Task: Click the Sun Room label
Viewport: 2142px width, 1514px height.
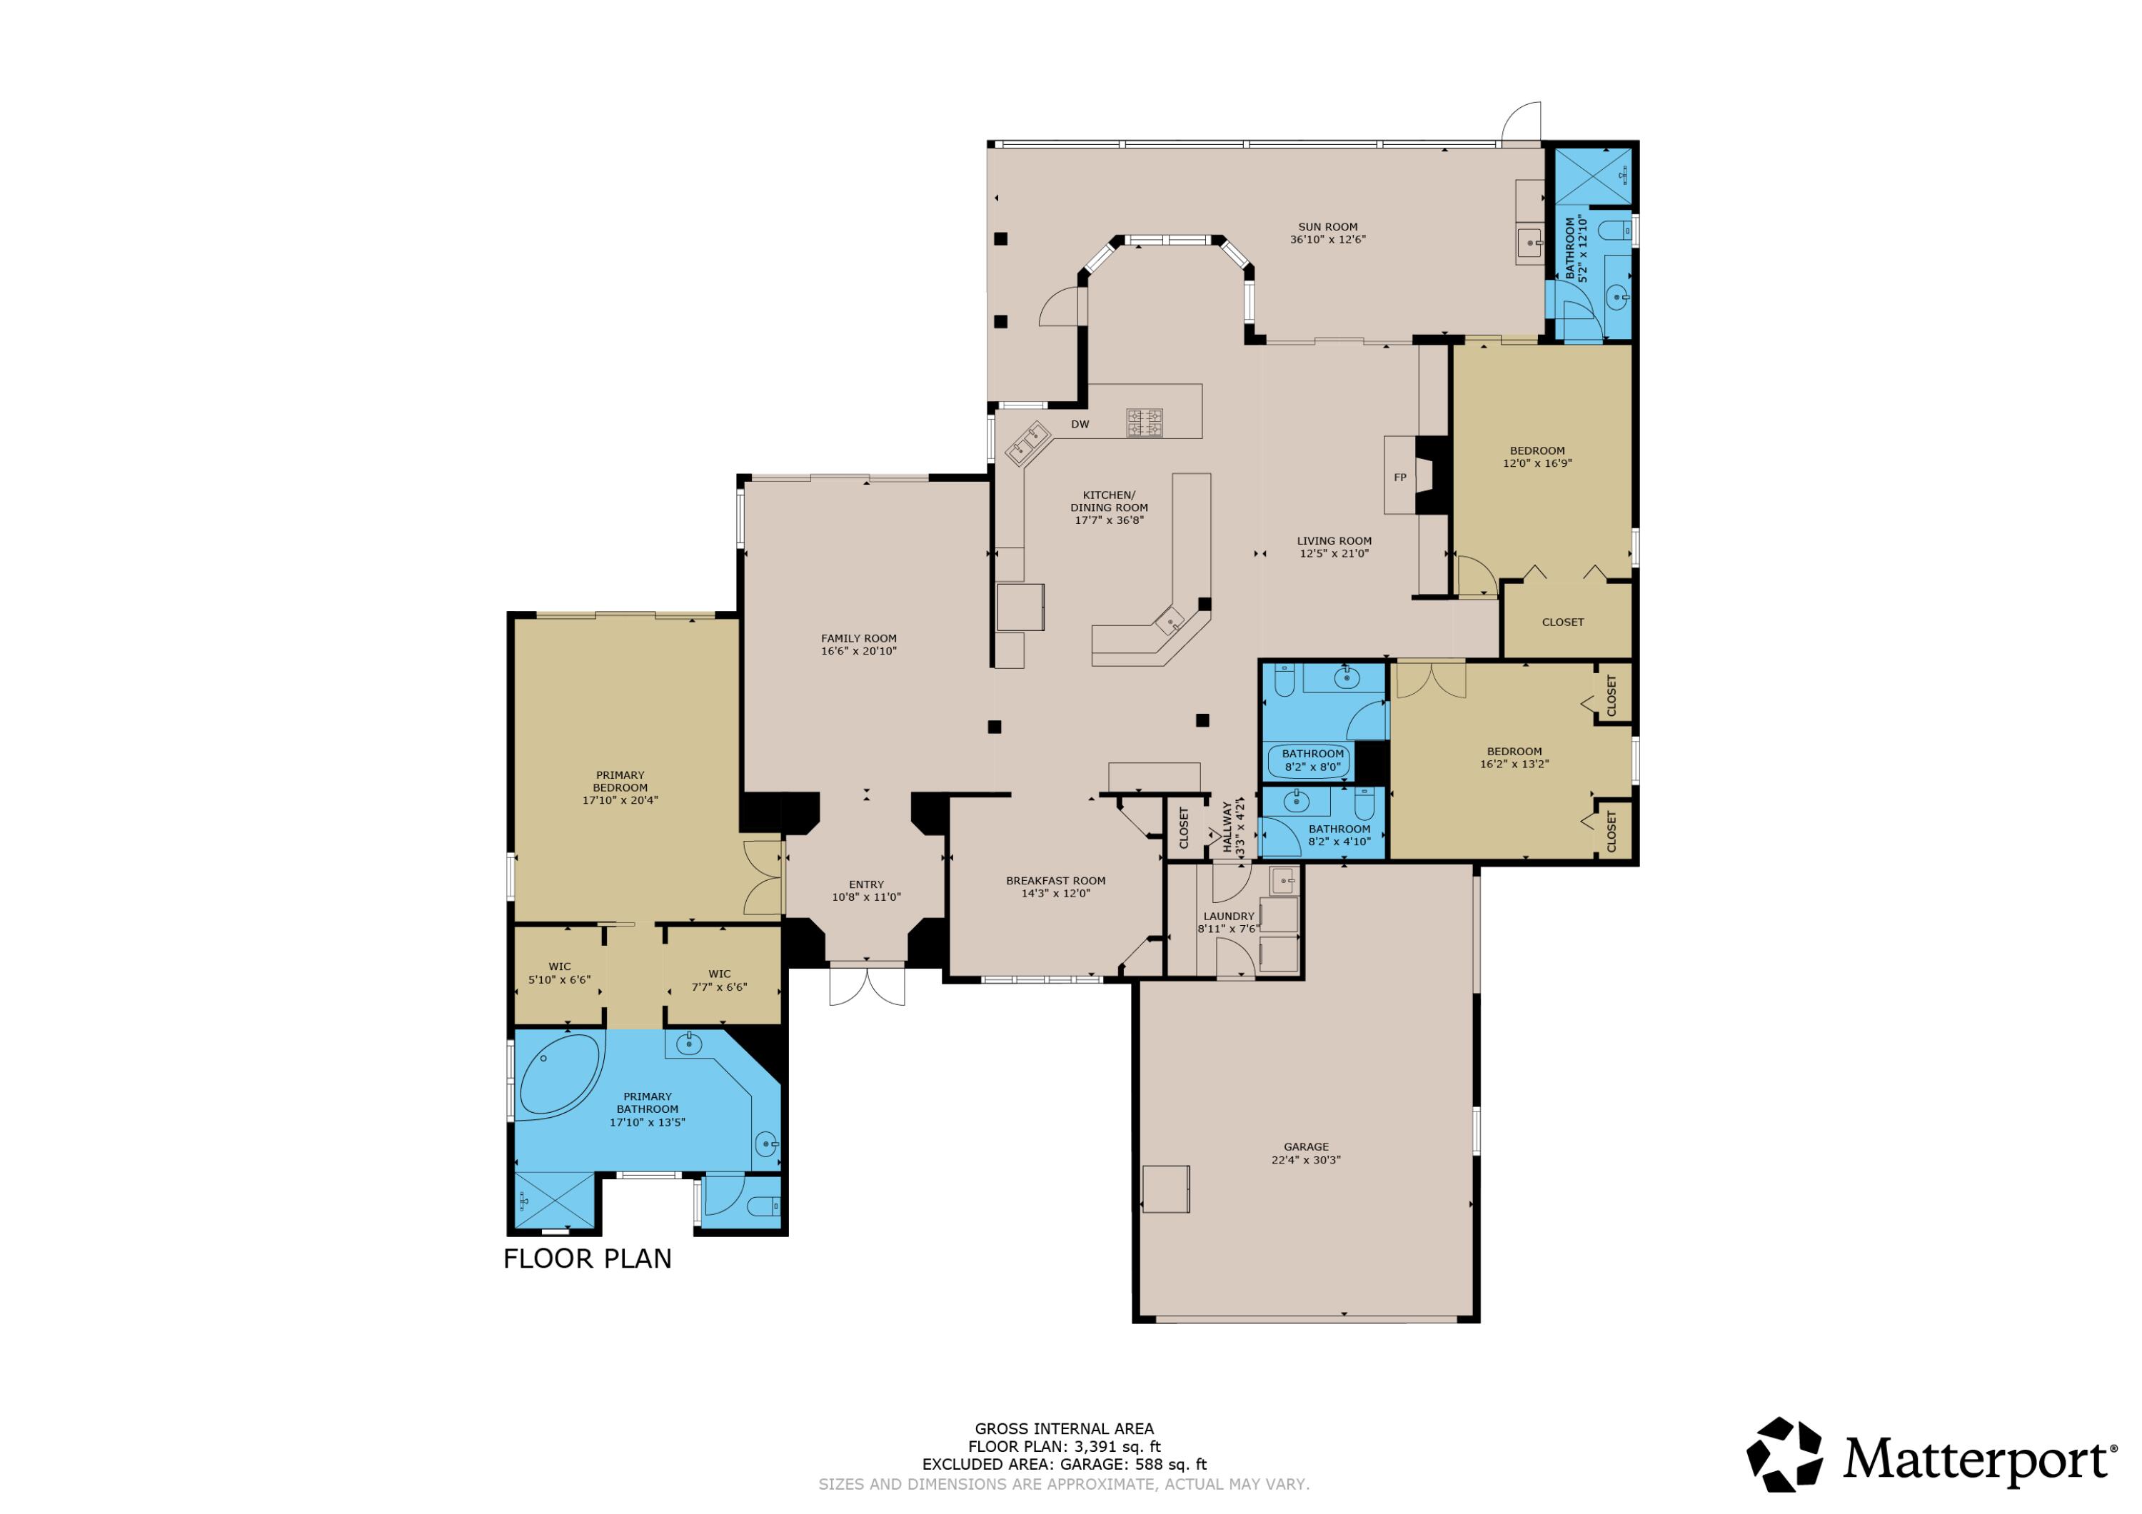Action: click(x=1327, y=227)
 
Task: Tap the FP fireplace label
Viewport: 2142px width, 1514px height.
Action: click(x=1399, y=478)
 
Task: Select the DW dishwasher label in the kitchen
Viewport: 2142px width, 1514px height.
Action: click(x=1080, y=425)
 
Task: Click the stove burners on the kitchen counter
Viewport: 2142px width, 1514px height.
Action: click(x=1144, y=423)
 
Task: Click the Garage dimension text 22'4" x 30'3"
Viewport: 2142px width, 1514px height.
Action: click(x=1305, y=1161)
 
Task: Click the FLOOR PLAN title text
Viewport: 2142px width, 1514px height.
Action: click(x=587, y=1258)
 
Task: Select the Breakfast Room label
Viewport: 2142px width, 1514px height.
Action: click(x=1055, y=881)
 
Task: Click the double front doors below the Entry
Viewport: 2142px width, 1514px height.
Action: click(x=867, y=986)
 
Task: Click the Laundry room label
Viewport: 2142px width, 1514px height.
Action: click(x=1228, y=916)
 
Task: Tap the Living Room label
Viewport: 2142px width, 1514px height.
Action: click(x=1333, y=541)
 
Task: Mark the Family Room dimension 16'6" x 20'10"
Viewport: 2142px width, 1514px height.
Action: click(x=858, y=651)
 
